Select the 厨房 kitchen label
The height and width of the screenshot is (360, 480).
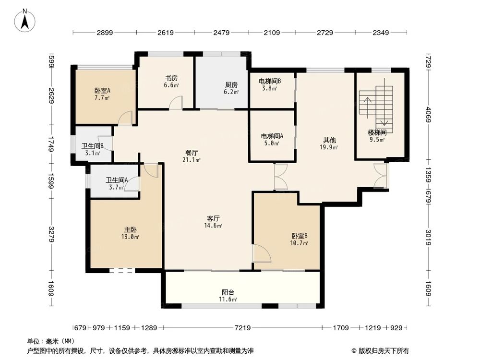231,84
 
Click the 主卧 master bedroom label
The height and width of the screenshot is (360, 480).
131,229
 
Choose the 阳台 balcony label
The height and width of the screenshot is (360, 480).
228,292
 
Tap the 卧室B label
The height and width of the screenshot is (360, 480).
299,236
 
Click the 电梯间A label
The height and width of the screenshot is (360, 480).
272,136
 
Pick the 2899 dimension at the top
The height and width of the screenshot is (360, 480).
105,33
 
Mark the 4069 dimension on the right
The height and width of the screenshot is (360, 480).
429,114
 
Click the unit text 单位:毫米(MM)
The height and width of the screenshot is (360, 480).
51,341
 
